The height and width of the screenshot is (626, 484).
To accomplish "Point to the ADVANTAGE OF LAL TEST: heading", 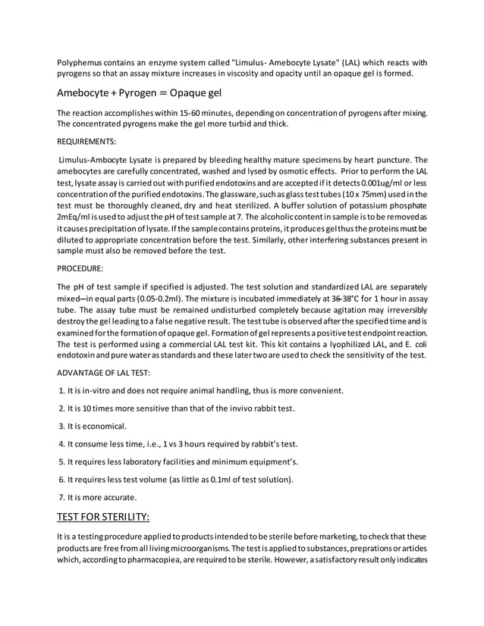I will point(104,372).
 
